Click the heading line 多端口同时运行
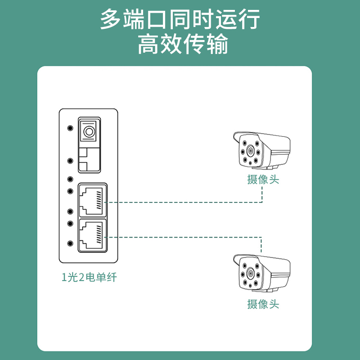(x=180, y=19)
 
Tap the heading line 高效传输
(x=183, y=44)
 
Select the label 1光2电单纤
(x=89, y=277)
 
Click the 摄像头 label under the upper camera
(x=263, y=179)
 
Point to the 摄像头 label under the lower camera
(x=263, y=304)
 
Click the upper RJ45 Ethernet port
(x=93, y=200)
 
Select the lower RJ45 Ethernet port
(x=93, y=235)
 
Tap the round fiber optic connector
(x=89, y=132)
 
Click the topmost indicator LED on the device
(x=70, y=128)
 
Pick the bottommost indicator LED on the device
(x=70, y=243)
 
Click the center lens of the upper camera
(x=250, y=151)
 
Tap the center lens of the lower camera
(x=250, y=274)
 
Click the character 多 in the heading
(x=111, y=19)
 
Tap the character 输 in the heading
(x=218, y=44)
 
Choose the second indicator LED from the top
(x=70, y=161)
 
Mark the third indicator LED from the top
(x=70, y=179)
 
